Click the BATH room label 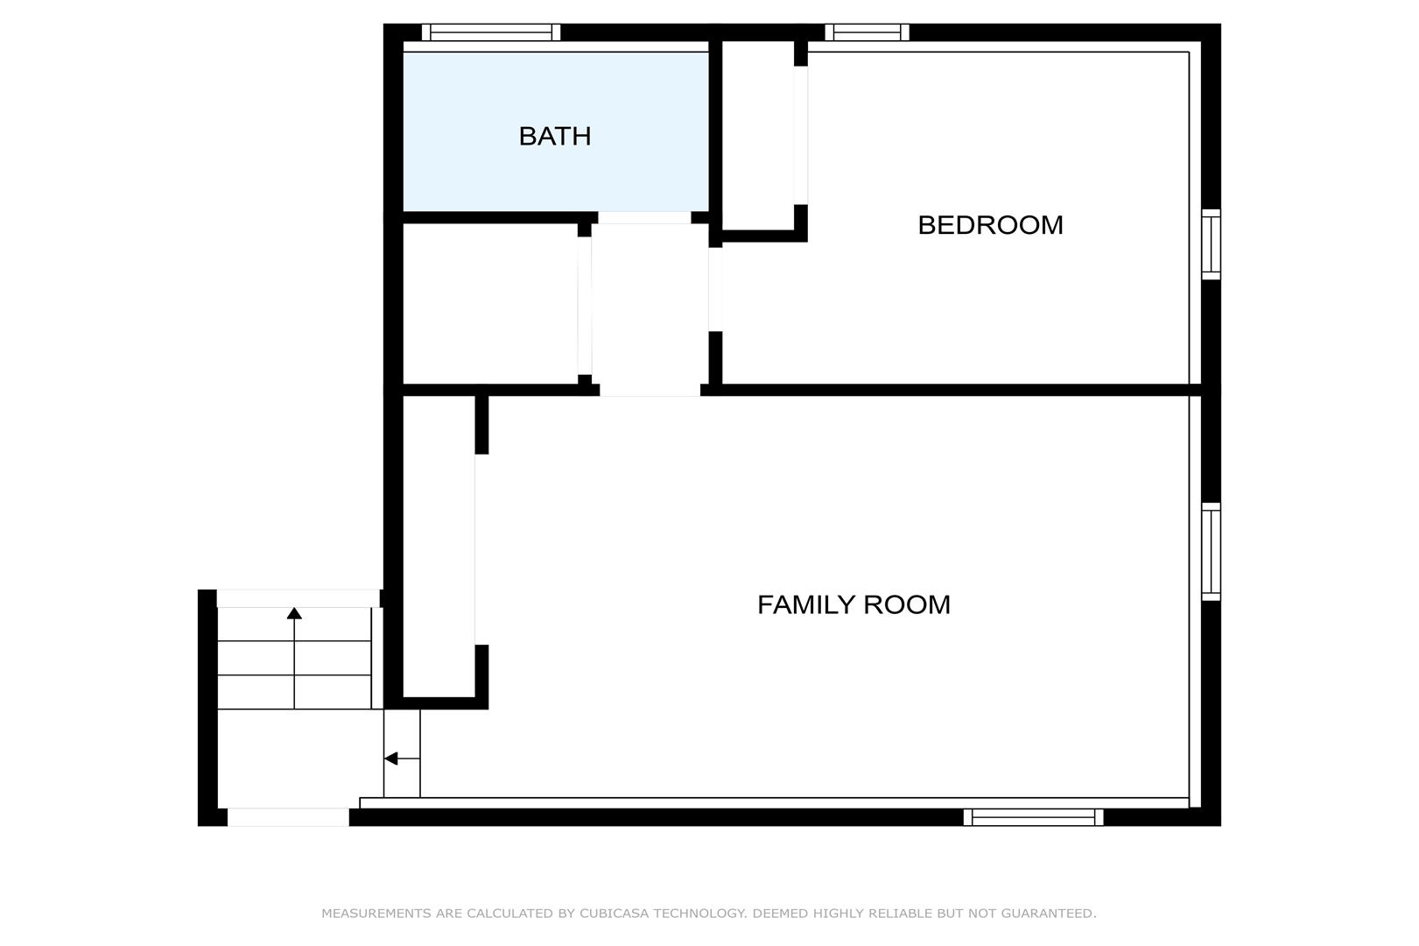click(555, 137)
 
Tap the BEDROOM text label click(990, 225)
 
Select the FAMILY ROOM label click(854, 605)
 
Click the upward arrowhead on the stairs click(294, 613)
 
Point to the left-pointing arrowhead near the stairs click(390, 759)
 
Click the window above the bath click(491, 32)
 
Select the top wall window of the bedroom click(867, 32)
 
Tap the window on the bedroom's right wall click(1212, 244)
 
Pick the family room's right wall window click(1212, 552)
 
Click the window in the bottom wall click(1033, 817)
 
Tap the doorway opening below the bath click(644, 217)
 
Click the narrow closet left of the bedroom click(758, 135)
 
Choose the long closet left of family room click(439, 547)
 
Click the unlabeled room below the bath click(490, 304)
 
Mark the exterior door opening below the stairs click(288, 817)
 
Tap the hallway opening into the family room click(650, 390)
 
